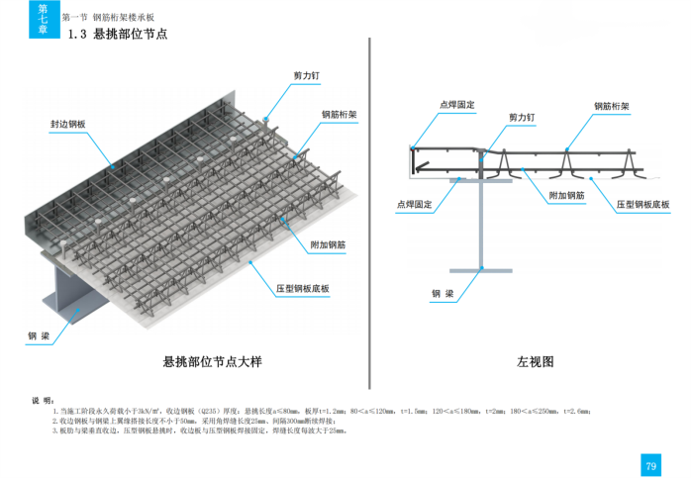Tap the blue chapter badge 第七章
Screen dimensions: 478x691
(x=42, y=19)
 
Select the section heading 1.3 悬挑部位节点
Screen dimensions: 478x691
(x=118, y=36)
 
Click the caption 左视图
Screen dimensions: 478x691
(x=535, y=362)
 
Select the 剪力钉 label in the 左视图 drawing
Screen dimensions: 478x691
(x=522, y=117)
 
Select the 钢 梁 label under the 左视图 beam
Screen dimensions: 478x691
(x=443, y=294)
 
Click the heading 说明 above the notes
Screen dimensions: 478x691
(x=43, y=400)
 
